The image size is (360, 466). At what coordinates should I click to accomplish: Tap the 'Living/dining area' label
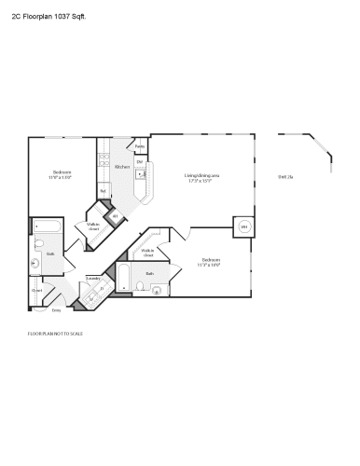[x=201, y=175]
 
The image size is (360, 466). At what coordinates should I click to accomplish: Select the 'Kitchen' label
[x=121, y=167]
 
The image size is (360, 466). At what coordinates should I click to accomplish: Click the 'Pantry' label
[x=140, y=147]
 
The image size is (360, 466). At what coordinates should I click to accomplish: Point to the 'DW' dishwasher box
[x=139, y=162]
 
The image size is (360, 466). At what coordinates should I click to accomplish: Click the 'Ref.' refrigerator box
[x=104, y=190]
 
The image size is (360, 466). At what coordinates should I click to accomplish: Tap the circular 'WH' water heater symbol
[x=244, y=226]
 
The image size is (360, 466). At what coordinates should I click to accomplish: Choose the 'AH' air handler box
[x=116, y=216]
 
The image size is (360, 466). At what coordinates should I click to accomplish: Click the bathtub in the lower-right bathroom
[x=123, y=278]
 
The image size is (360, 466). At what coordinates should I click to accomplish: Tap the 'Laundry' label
[x=93, y=278]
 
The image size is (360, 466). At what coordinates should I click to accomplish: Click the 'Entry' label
[x=56, y=309]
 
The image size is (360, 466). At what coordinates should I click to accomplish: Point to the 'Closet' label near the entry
[x=36, y=290]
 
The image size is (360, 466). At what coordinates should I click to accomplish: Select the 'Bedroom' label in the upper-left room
[x=62, y=173]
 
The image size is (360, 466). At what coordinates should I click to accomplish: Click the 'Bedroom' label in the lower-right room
[x=210, y=261]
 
